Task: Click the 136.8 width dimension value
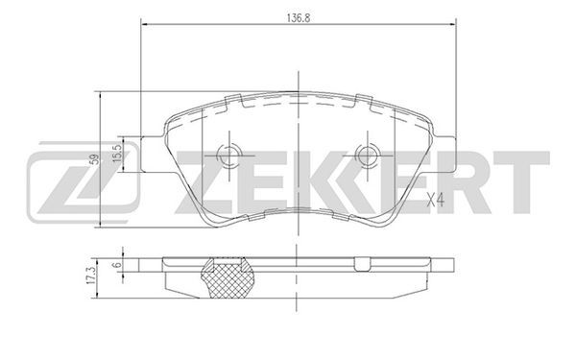coord(299,18)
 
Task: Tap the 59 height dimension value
coord(95,159)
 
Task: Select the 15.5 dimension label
coord(117,154)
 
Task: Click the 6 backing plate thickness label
coord(117,265)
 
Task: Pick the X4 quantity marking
coord(436,200)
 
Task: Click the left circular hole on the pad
coord(228,155)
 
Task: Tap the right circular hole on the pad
coord(367,155)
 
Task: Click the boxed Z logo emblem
coord(84,182)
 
